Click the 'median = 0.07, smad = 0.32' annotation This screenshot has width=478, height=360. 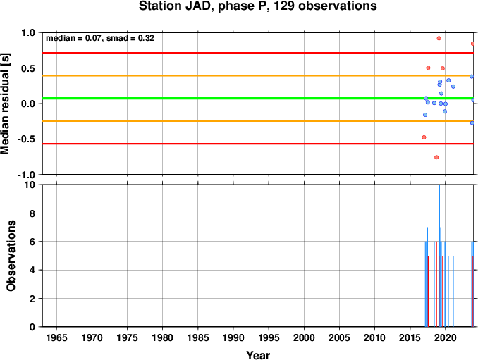pos(100,38)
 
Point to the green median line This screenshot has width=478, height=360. pos(258,99)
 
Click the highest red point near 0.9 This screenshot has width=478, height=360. pos(439,38)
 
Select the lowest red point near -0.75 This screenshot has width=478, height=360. pos(436,158)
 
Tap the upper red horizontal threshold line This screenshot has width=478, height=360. pos(258,53)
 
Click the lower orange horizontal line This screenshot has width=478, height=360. pos(258,121)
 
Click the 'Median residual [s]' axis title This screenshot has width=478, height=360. pos(5,104)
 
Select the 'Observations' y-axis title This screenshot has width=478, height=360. pos(11,256)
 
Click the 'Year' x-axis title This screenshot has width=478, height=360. pos(258,355)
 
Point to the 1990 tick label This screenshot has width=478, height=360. pos(233,337)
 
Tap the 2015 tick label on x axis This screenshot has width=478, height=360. pos(410,337)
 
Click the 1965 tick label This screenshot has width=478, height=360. pos(56,337)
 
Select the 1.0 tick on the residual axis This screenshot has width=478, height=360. pos(28,32)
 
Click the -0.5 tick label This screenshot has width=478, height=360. pos(27,139)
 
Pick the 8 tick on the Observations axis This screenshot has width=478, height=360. pos(32,213)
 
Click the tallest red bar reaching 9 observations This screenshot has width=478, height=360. pos(424,263)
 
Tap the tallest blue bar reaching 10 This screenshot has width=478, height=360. pos(439,256)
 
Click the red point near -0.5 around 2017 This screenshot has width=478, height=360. pos(424,137)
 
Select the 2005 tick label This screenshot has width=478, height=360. pos(339,337)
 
